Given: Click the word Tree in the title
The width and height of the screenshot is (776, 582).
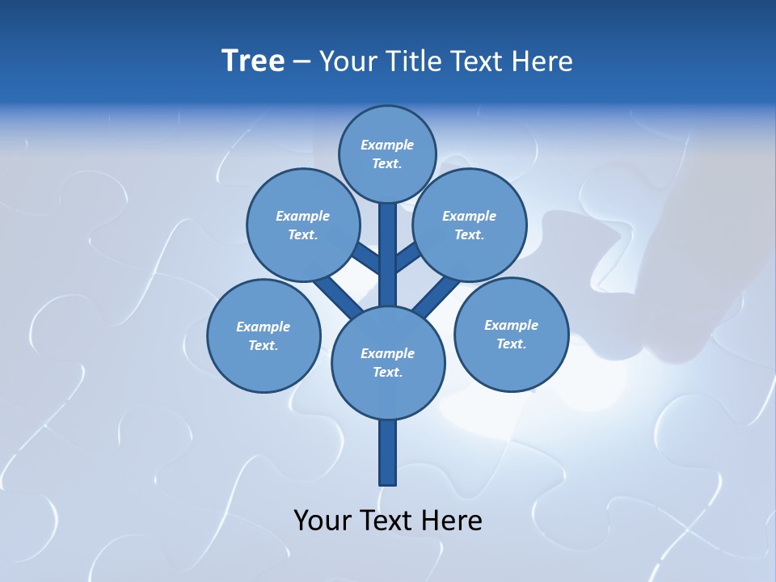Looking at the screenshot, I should coord(253,61).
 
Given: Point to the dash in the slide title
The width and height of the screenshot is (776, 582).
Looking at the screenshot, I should coord(302,61).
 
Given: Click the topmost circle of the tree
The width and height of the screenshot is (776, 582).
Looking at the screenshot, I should coord(387,154).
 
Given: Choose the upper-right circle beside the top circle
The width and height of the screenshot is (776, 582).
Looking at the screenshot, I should coord(470,225).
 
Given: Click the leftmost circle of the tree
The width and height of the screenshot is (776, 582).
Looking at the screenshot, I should coord(264,335).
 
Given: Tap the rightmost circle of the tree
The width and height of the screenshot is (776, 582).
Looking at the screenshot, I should coord(511,334).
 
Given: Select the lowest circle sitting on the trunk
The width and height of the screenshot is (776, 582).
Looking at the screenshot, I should coord(388,362).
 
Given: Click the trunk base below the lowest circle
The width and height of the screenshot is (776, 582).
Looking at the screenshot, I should coord(388,453).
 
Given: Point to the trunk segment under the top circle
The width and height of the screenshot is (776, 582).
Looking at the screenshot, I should coord(388,242).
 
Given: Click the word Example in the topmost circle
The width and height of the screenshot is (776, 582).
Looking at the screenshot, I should coord(387,145).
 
